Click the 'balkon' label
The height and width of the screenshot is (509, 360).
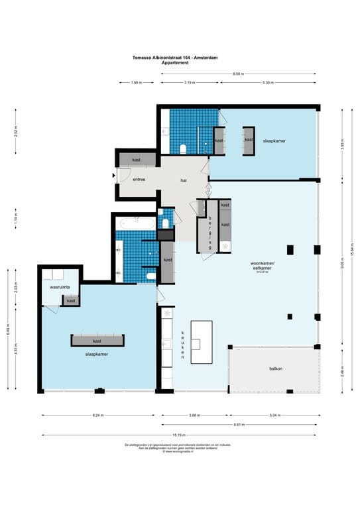[275, 368]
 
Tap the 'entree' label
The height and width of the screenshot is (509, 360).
[139, 180]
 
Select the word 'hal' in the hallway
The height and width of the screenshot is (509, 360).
[184, 180]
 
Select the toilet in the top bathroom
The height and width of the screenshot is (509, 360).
[183, 147]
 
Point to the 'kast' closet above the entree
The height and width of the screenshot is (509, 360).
[137, 160]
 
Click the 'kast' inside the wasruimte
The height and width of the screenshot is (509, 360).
[71, 301]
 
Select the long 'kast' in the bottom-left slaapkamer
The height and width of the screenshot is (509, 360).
[97, 341]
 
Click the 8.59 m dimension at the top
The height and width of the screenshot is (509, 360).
[237, 73]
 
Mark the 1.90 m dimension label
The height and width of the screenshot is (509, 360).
[135, 83]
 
